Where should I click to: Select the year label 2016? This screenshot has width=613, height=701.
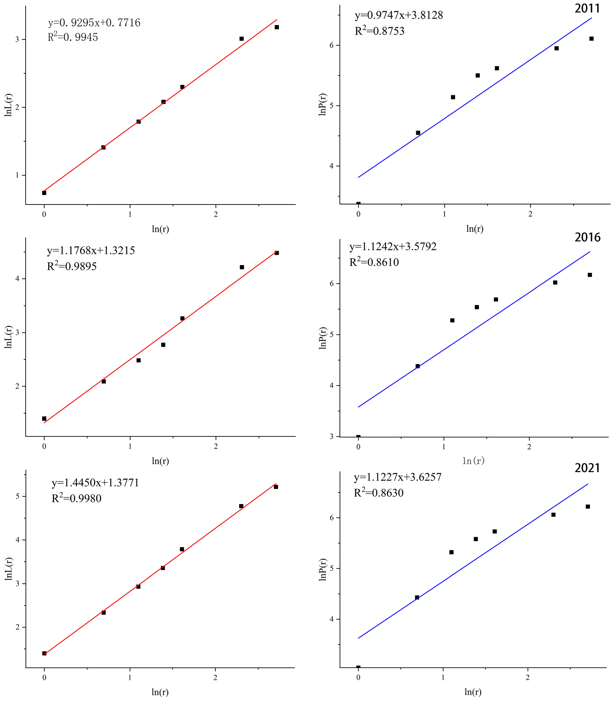587,237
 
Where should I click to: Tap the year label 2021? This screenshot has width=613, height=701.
587,468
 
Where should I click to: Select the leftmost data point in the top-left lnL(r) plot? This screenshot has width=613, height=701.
44,193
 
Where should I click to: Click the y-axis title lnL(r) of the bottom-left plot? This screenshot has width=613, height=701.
9,569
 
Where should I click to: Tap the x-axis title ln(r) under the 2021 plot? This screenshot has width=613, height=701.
473,692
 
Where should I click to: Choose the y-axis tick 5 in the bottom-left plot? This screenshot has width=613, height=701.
18,496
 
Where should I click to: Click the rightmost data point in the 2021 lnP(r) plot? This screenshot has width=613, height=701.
588,506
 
